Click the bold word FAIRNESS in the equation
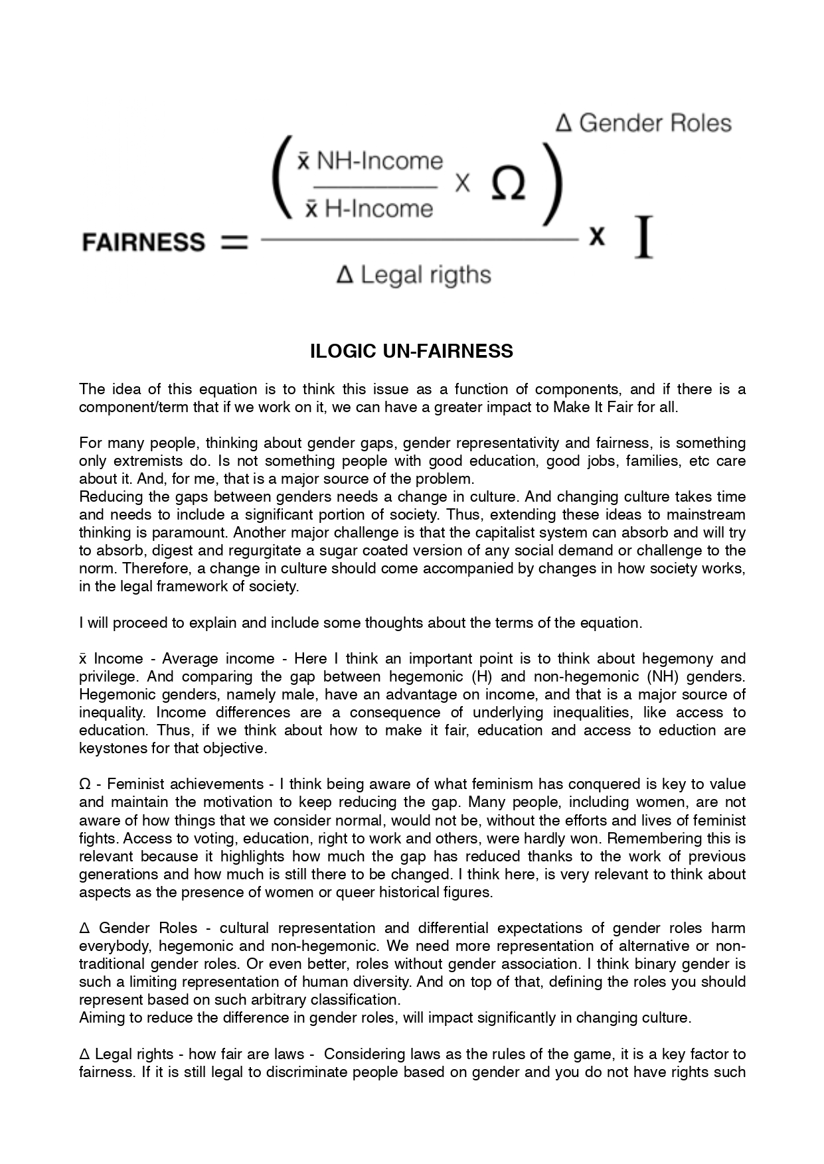point(143,242)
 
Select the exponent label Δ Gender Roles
point(643,123)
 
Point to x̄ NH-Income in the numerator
point(370,161)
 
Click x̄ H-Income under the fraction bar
point(368,209)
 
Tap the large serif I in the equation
point(643,237)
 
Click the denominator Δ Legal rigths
point(414,275)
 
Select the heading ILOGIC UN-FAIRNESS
point(412,351)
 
